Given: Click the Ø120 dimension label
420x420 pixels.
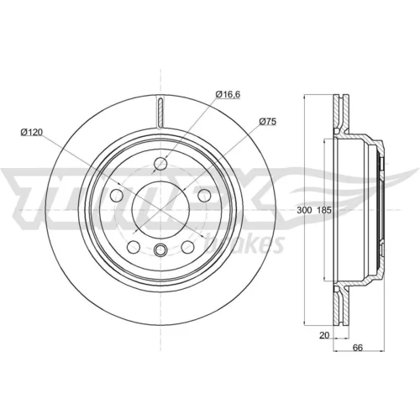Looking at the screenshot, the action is pos(31,132).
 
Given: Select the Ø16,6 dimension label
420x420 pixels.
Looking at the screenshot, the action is pos(228,94).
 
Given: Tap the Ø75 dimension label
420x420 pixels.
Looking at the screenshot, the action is pos(267,122).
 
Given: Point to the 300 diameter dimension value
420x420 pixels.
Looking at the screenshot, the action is pos(304,210).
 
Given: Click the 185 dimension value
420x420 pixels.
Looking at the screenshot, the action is pos(324,210).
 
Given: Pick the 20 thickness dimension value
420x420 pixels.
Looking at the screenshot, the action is pos(324,335).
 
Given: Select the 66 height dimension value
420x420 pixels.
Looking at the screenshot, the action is pos(358,348).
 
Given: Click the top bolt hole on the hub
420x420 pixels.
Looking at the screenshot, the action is pos(160,163).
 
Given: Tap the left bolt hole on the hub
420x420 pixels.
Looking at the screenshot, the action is pos(117,195).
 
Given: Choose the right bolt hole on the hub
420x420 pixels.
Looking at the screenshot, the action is pos(204,195).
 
